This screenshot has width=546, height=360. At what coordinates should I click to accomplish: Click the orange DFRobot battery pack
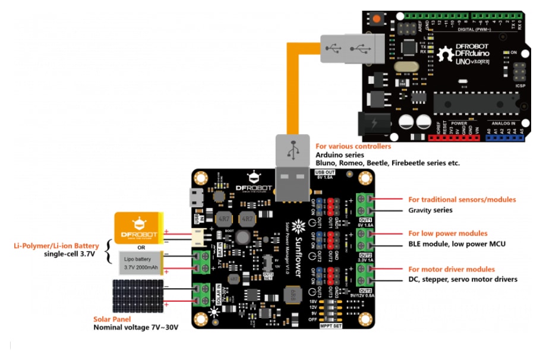point(138,228)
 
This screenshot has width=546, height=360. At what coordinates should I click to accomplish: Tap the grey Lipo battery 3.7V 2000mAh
point(140,264)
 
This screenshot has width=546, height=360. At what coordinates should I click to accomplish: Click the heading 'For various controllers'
point(353,146)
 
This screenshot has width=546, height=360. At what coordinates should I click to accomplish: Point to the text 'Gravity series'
point(430,210)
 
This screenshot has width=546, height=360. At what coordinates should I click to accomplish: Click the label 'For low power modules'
point(447,233)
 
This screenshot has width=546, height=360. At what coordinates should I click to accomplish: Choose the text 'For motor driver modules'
point(451,269)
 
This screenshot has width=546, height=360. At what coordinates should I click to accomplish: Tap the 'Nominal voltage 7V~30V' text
point(135,327)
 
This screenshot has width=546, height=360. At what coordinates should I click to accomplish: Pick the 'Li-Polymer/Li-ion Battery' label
point(57,245)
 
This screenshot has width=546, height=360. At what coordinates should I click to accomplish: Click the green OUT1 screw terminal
point(365,204)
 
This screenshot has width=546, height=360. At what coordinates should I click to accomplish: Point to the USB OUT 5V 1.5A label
point(326,175)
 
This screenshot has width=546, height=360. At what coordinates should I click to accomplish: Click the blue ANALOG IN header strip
point(505,138)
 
